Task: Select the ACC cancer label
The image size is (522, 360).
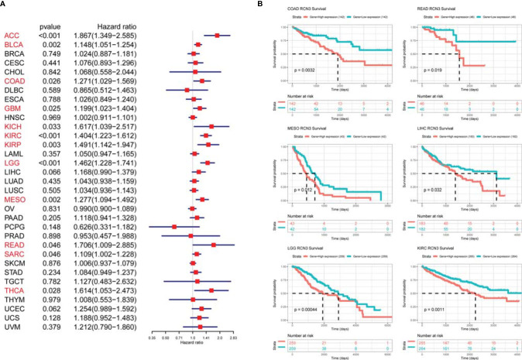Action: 11,36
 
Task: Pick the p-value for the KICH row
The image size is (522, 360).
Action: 49,126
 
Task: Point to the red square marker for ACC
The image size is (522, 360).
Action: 218,36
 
